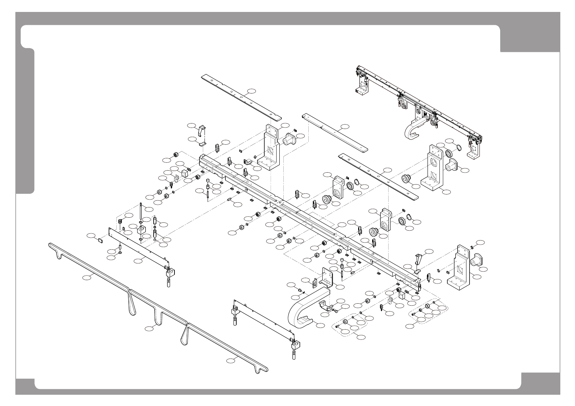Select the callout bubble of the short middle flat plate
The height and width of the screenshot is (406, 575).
[x=345, y=127]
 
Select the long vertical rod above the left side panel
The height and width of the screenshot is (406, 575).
[x=140, y=218]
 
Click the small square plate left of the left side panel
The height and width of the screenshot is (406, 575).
[x=100, y=240]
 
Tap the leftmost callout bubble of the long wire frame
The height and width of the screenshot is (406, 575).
[x=87, y=278]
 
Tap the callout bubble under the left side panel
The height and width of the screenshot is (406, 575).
[x=138, y=261]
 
